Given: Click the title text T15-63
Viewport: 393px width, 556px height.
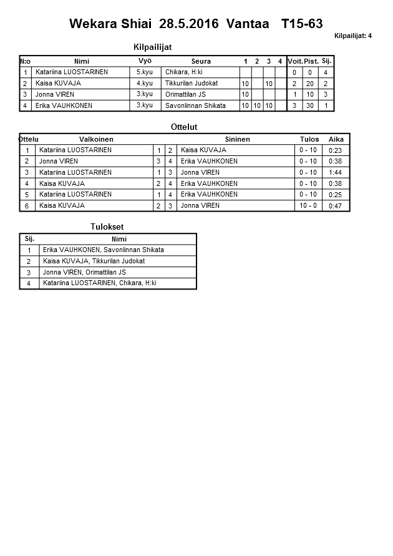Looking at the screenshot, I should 302,24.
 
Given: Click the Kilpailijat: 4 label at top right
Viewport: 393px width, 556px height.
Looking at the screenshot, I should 353,36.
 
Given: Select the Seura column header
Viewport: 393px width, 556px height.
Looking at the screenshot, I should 201,61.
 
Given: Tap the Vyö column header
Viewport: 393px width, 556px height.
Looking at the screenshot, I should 145,61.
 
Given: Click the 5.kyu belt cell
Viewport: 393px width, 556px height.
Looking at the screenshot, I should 144,72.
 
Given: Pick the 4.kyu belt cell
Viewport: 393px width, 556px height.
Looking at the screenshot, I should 144,83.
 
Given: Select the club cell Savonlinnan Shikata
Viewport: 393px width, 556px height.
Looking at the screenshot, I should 195,105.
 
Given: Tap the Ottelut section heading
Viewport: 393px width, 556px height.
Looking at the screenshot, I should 184,127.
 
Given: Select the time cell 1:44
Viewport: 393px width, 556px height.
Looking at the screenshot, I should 336,172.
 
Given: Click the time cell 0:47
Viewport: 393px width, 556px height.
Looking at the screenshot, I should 336,206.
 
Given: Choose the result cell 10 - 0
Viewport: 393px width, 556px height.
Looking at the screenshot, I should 308,205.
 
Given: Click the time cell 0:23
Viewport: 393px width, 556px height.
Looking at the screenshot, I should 336,150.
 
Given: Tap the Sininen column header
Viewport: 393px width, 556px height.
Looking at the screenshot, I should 237,139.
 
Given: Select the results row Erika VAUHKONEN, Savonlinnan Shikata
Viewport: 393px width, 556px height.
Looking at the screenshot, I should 104,250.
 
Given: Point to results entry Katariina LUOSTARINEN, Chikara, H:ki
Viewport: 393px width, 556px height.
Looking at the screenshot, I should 100,283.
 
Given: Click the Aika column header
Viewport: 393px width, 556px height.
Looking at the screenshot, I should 336,139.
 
